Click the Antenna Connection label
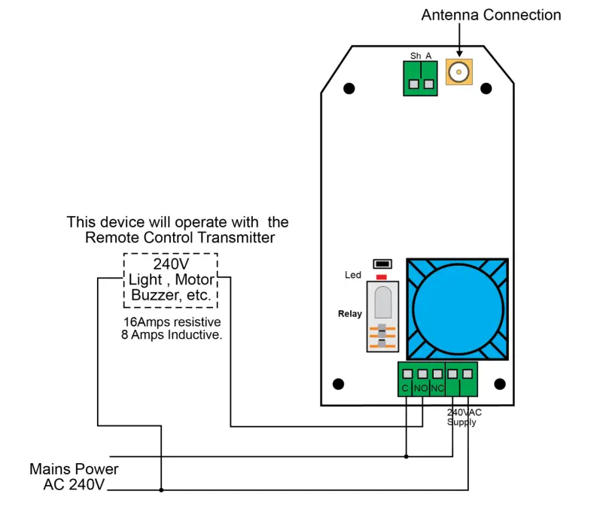tap(491, 15)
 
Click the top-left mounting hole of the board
tap(349, 89)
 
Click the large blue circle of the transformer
tap(458, 309)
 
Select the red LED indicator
tap(382, 277)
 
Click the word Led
tap(353, 275)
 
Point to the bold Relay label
tap(350, 314)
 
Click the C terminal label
tap(405, 389)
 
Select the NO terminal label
tap(421, 389)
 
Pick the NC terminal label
tap(437, 389)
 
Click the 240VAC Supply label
tap(464, 417)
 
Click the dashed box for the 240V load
tap(171, 280)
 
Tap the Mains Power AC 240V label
tap(74, 477)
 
